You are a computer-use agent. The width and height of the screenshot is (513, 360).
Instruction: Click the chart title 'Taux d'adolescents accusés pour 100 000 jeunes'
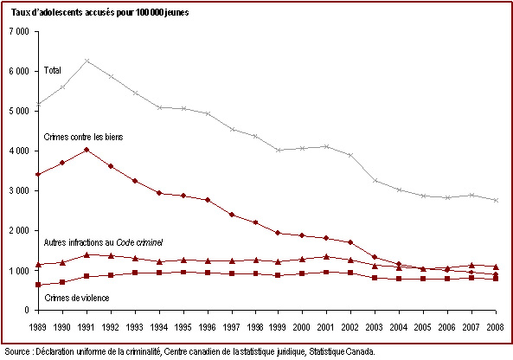click(x=100, y=13)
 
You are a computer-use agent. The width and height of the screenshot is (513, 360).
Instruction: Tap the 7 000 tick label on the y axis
click(x=19, y=32)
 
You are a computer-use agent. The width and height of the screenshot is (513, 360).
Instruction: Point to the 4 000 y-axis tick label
click(x=19, y=151)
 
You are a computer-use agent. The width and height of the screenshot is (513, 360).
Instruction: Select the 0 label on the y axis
click(x=27, y=311)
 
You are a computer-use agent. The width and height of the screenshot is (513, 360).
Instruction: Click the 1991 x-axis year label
click(x=86, y=327)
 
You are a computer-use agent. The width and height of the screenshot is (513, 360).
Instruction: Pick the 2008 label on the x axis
click(x=495, y=327)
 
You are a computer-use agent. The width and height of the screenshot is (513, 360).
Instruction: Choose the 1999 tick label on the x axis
click(x=277, y=327)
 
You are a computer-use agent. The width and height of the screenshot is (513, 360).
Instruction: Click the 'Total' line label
click(x=53, y=70)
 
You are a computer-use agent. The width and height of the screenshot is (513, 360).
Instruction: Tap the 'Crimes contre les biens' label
click(x=83, y=137)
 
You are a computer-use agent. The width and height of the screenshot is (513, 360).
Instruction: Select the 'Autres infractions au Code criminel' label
click(x=103, y=242)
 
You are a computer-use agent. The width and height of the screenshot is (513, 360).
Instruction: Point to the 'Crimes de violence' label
click(x=77, y=298)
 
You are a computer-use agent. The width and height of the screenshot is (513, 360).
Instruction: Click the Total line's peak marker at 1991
click(x=87, y=61)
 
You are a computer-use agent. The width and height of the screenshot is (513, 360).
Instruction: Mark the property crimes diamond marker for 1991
click(x=87, y=150)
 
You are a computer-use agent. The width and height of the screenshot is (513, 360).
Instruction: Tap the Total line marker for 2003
click(x=375, y=181)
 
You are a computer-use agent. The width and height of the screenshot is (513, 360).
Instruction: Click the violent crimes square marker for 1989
click(x=38, y=285)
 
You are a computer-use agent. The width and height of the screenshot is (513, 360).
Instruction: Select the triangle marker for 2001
click(x=326, y=256)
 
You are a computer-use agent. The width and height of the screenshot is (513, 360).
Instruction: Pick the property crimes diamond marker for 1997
click(x=232, y=215)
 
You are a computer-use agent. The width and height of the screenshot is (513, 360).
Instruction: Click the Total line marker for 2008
click(x=496, y=200)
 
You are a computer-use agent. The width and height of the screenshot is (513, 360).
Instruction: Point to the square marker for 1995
click(x=183, y=272)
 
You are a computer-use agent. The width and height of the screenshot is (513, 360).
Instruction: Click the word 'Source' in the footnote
click(x=17, y=352)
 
